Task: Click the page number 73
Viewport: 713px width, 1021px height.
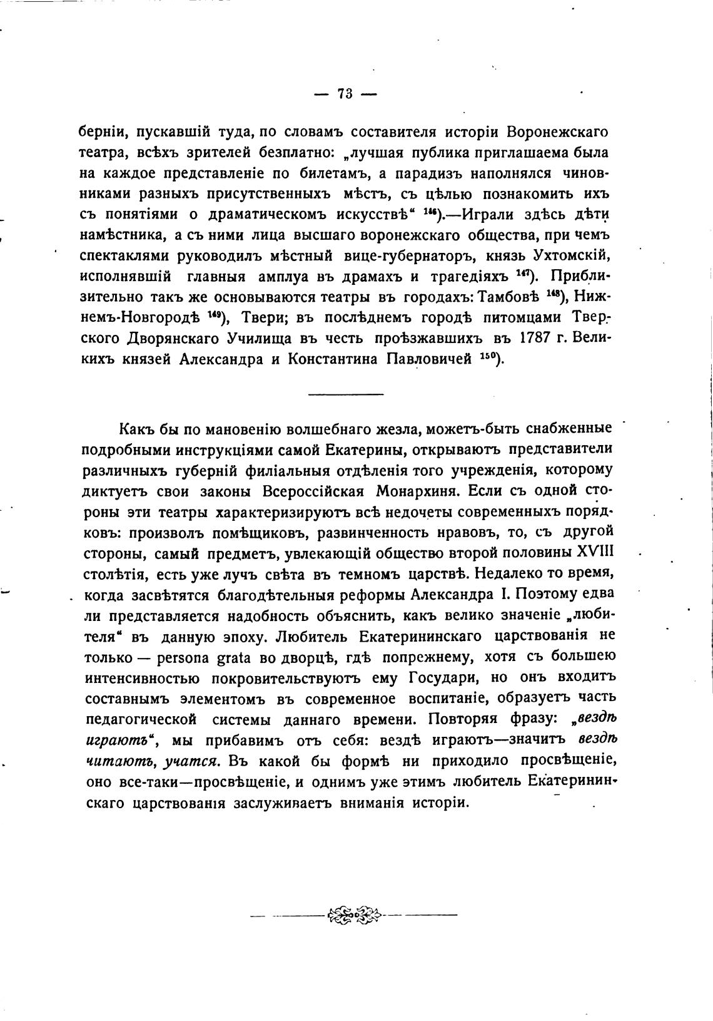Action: coord(345,94)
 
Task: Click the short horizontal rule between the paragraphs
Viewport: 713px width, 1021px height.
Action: coord(345,394)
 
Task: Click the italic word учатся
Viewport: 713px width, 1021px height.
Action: coord(192,761)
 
